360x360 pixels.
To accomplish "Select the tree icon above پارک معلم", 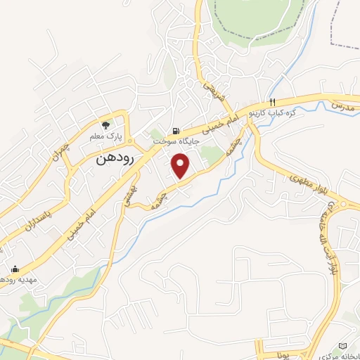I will tap(106, 122).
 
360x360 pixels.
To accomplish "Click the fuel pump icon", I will tap(176, 130).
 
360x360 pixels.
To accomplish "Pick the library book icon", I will tap(342, 347).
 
